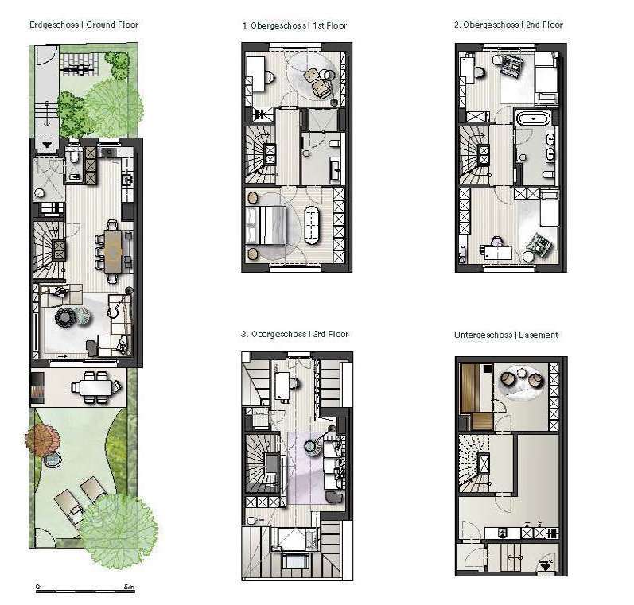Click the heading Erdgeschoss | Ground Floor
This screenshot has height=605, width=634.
coord(84,25)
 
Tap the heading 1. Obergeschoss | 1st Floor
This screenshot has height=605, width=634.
coord(294,25)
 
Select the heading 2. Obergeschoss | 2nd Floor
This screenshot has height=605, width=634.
coord(508,25)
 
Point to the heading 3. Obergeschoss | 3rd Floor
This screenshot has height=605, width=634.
coord(294,334)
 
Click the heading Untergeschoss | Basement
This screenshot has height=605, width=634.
coord(506,335)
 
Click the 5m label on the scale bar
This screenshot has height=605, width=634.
coord(129,587)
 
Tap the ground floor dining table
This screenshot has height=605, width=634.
coord(113,250)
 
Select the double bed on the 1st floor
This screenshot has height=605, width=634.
coord(266,226)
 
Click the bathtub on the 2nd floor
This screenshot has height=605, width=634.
coord(534,119)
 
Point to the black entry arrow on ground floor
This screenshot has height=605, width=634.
coord(47,144)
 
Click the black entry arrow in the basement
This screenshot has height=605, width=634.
coord(545,567)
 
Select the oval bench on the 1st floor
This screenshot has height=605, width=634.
coord(311,226)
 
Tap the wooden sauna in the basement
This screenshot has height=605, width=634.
coord(476,396)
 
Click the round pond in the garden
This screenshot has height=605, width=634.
coord(53,460)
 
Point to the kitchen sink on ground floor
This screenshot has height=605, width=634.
coord(108,153)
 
